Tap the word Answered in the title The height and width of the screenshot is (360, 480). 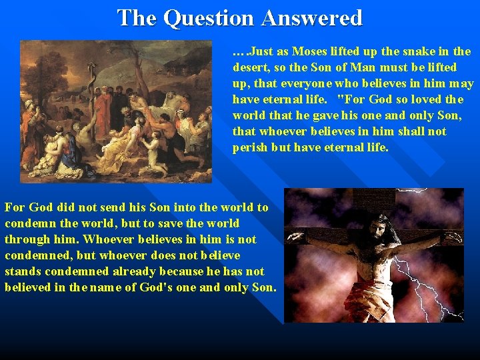pyautogui.click(x=312, y=18)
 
